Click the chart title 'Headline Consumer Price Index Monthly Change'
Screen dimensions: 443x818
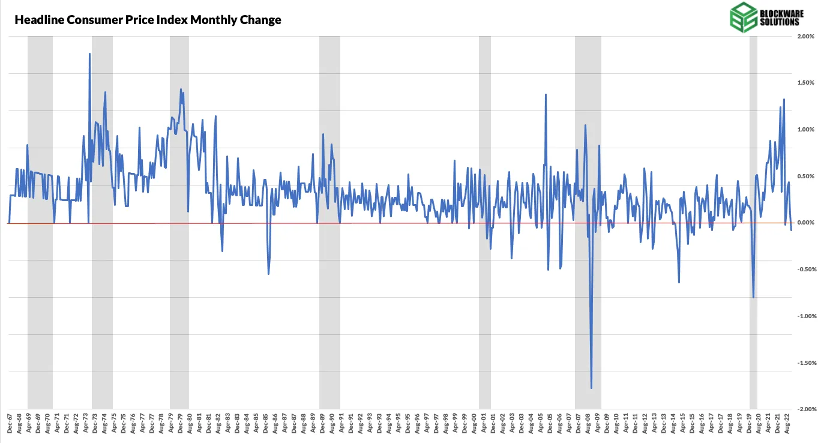(148, 20)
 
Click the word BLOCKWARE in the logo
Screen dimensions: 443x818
(778, 13)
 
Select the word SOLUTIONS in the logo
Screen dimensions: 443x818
(778, 22)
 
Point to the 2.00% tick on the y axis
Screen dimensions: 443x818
(805, 37)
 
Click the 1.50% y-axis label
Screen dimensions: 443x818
(805, 83)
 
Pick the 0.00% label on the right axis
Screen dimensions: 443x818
(805, 223)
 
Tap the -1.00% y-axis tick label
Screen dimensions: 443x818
(804, 316)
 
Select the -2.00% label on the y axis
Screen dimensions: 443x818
(804, 409)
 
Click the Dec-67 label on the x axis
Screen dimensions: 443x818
(10, 423)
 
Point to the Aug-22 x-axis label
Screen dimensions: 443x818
(787, 423)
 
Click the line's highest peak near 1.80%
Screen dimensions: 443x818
(89, 54)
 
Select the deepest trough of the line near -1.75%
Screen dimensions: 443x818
(591, 388)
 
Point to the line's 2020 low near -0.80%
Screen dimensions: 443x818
(753, 297)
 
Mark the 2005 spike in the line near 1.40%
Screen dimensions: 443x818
(546, 95)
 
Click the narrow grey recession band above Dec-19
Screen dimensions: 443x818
(753, 150)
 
